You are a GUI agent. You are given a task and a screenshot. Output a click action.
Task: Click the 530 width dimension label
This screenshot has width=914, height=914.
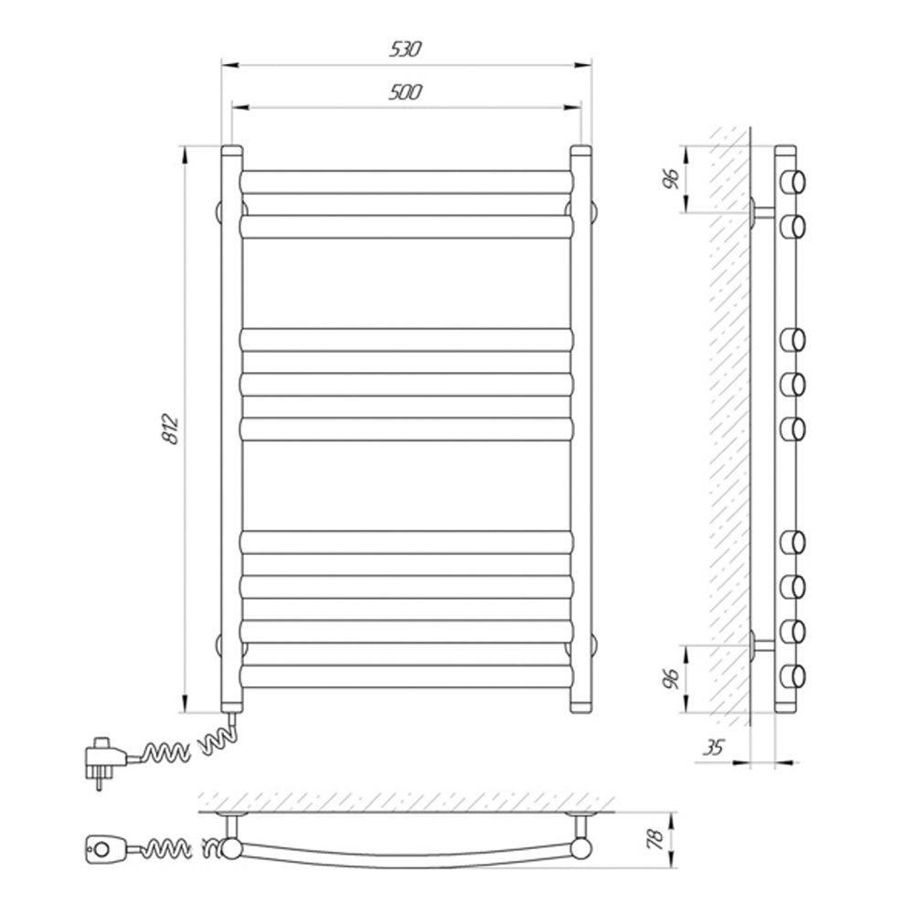(405, 49)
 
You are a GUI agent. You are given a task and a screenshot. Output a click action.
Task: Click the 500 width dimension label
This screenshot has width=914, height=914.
(405, 92)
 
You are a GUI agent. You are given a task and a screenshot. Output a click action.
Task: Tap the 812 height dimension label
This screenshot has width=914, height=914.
(171, 430)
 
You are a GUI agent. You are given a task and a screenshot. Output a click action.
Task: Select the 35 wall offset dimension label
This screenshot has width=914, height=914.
(713, 748)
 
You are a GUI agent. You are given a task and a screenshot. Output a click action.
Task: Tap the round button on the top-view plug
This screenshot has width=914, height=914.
(101, 849)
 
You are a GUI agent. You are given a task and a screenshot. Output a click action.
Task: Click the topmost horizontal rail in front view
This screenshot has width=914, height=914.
(407, 182)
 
